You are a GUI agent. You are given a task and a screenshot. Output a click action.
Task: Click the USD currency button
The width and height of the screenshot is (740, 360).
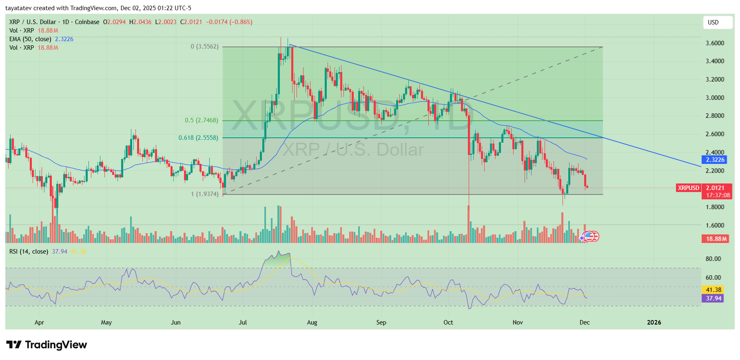click(717, 22)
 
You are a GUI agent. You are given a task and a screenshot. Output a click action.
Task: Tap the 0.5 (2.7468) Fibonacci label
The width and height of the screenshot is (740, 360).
click(202, 120)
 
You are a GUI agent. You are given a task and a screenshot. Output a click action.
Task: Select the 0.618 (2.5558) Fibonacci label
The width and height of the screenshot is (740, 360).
click(198, 138)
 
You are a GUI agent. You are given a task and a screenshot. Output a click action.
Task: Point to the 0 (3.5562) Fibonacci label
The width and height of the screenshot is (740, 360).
click(204, 46)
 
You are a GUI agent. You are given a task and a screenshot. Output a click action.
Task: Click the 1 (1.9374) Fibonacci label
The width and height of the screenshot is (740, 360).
click(205, 194)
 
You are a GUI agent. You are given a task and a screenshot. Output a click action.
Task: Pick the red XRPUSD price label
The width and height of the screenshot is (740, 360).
click(689, 188)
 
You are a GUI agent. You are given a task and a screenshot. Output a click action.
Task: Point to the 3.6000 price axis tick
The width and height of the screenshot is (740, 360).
click(715, 43)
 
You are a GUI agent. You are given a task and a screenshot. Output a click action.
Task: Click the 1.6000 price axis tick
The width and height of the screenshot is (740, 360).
click(715, 225)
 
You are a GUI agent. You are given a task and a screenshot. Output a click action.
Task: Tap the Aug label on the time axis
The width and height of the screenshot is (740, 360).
click(312, 322)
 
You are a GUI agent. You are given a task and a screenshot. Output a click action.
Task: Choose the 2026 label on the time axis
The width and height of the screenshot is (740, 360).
click(654, 322)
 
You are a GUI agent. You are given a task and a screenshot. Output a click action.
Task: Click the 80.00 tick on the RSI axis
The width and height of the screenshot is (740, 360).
click(713, 259)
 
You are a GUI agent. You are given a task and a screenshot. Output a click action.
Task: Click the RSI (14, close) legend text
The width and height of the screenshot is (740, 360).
click(29, 252)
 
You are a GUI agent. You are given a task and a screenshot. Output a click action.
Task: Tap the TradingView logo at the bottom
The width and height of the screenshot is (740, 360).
click(47, 345)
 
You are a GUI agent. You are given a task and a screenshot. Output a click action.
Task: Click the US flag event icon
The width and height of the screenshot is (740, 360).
click(590, 236)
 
